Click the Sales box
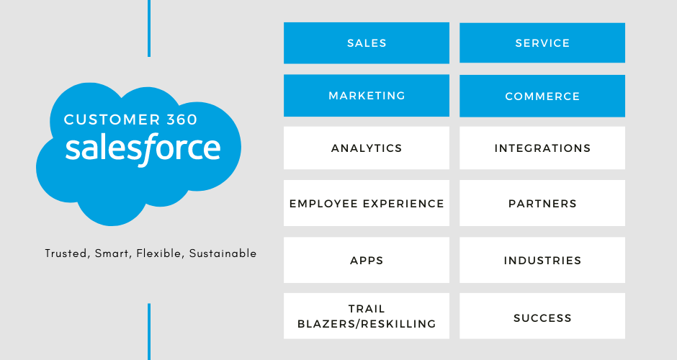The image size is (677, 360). tap(367, 43)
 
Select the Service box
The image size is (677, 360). tap(542, 43)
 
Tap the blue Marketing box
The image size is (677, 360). tap(367, 96)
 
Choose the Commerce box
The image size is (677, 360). tap(542, 96)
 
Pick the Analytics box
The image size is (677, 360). tap(367, 148)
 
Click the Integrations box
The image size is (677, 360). tap(542, 148)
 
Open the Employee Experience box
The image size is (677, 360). tap(367, 204)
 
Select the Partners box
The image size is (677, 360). tap(542, 204)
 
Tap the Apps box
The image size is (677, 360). tap(367, 260)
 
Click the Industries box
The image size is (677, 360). tap(542, 260)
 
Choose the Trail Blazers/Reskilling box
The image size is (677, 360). tap(367, 317)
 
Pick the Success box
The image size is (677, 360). tap(542, 318)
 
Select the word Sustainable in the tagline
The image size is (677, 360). tap(223, 253)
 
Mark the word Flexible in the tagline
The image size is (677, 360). tap(161, 253)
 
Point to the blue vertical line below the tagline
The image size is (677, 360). tap(149, 331)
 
